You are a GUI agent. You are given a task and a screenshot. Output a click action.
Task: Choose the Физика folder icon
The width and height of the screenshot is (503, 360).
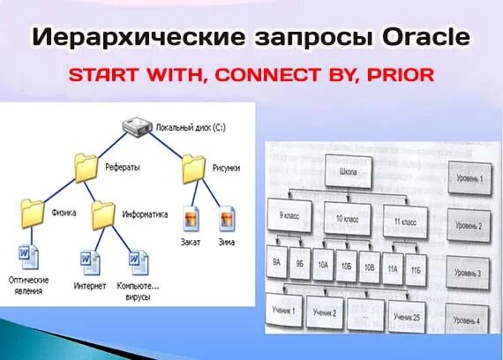click(32, 212)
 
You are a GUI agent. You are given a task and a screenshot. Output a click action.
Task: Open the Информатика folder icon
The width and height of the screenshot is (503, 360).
click(103, 212)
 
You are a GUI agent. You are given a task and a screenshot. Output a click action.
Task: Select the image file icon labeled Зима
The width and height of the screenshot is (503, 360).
click(225, 217)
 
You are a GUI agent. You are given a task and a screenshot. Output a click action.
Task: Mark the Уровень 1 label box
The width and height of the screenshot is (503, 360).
click(469, 176)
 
